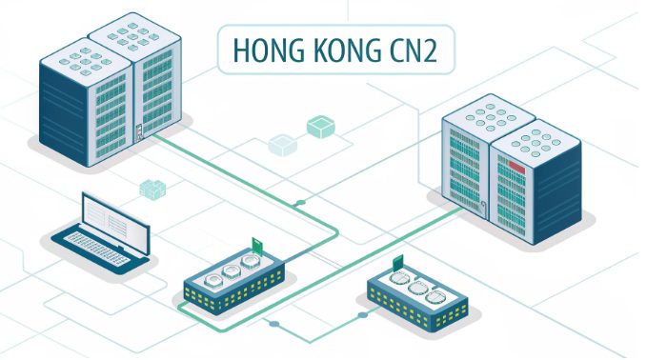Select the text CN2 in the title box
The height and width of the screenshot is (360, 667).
click(409, 51)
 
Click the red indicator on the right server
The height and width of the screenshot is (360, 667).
click(516, 170)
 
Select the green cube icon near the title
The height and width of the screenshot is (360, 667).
click(319, 127)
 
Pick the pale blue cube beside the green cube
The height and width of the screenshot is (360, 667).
click(281, 145)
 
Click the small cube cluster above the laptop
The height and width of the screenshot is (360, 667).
click(152, 189)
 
